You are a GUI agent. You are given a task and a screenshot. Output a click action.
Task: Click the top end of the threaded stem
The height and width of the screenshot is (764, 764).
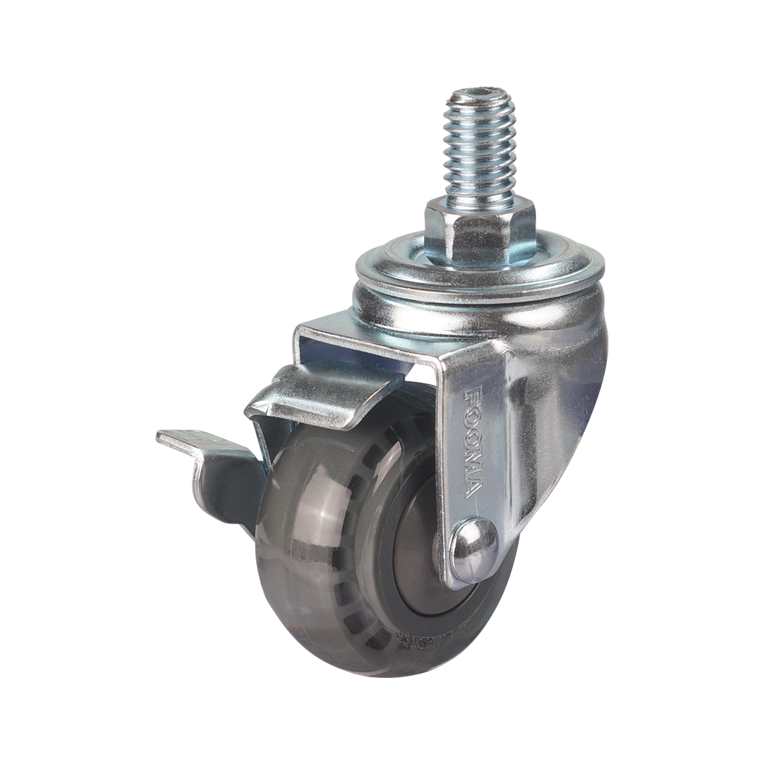pos(479,96)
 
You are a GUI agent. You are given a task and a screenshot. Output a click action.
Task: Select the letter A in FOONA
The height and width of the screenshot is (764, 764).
pos(472,490)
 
